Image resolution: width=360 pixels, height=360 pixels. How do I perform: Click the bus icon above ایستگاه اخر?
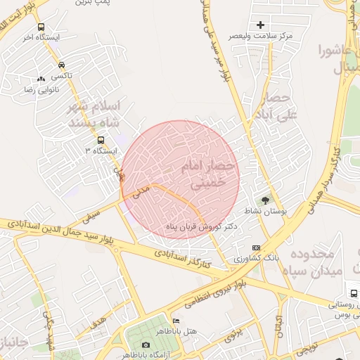41,27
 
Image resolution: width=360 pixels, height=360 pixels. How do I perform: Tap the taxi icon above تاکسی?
63,64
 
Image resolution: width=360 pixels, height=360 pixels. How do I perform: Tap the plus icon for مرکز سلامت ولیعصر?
261,25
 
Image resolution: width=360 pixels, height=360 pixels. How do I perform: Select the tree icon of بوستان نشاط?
265,200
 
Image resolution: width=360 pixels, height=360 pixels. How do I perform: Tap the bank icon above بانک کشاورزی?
256,247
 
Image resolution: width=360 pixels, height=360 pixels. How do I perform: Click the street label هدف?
98,321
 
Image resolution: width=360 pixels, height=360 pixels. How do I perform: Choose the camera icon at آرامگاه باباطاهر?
145,345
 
